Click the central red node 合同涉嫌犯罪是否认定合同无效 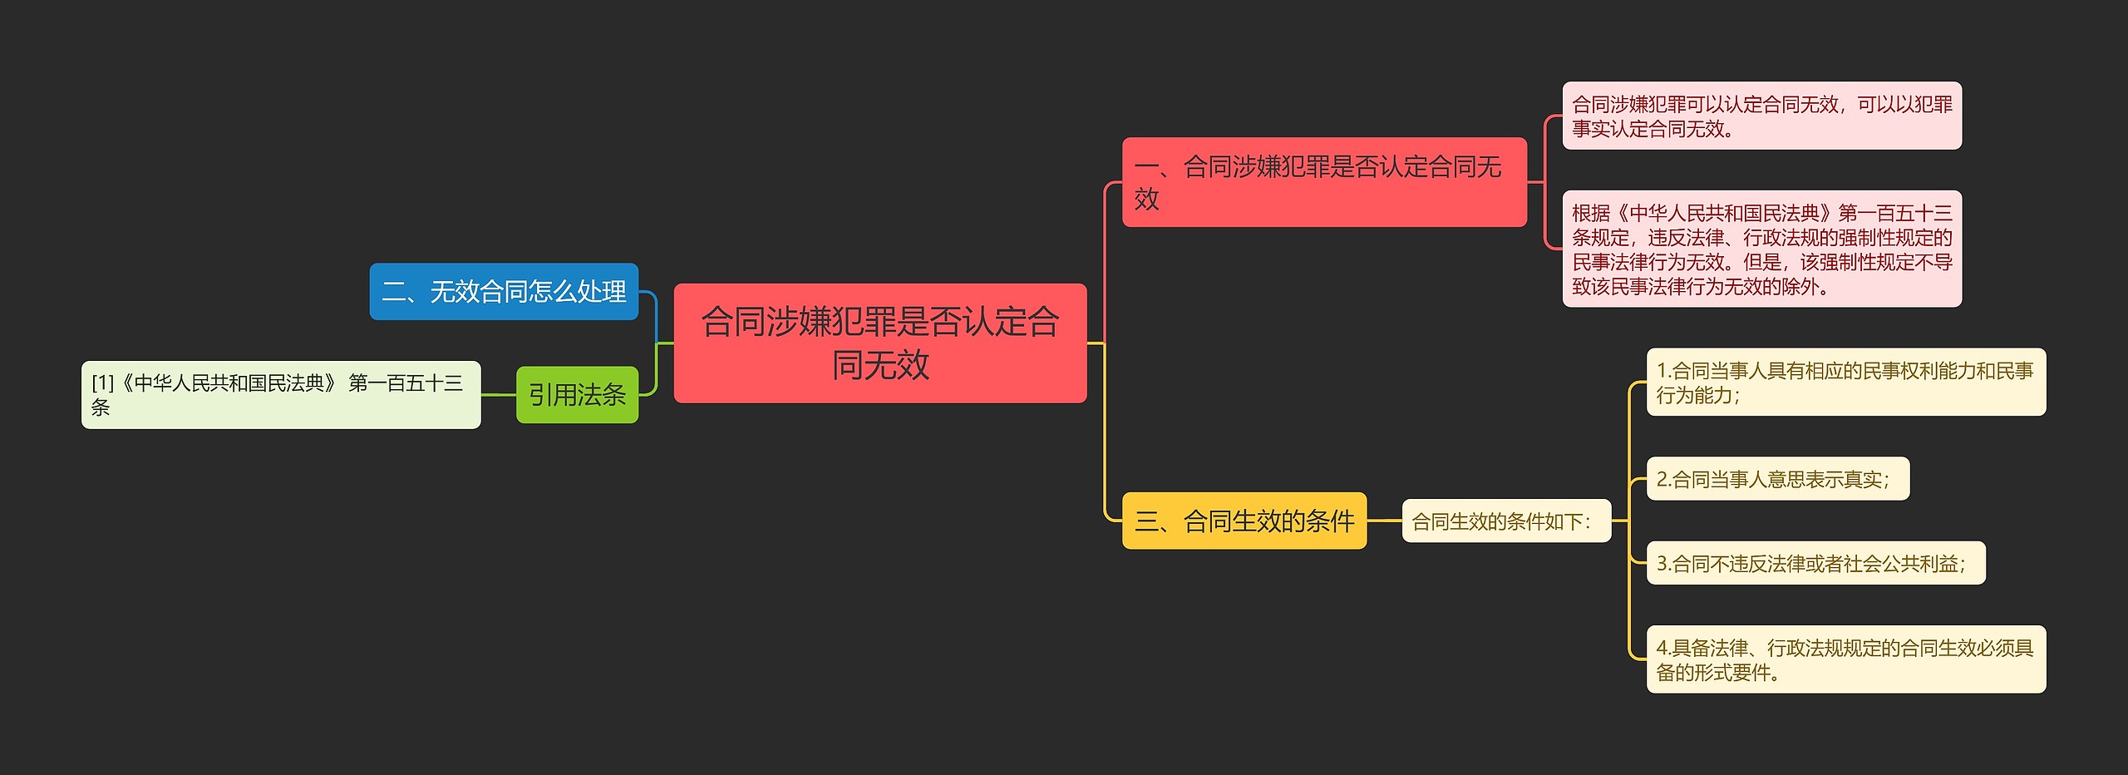coord(879,343)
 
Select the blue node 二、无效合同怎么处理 coord(504,292)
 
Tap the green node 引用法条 coord(577,395)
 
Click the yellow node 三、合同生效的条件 coord(1244,521)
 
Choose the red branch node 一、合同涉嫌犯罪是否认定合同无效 coord(1323,182)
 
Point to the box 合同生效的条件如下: coord(1505,521)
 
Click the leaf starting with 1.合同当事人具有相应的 coord(1845,383)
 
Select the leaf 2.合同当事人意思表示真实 coord(1777,479)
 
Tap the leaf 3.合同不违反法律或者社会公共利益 coord(1815,564)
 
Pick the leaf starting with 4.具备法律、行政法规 coord(1845,659)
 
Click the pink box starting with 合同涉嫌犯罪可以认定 coord(1761,116)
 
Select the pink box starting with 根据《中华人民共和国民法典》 coord(1761,249)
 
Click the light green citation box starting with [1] coord(281,395)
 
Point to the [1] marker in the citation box coord(102,383)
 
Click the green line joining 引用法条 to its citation coord(499,395)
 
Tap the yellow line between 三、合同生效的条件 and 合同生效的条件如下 coord(1384,521)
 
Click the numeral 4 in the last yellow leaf coord(1662,648)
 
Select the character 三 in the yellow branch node coord(1146,522)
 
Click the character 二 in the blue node coord(393,292)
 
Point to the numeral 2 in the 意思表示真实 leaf coord(1662,480)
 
